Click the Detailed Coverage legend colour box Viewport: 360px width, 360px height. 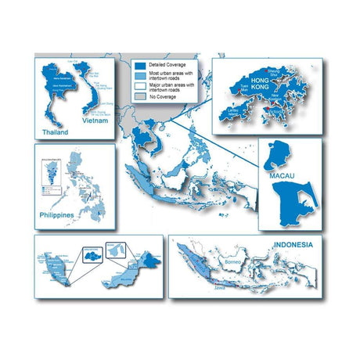139,66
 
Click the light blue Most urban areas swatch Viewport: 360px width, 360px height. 139,77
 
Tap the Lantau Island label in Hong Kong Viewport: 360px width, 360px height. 232,110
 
